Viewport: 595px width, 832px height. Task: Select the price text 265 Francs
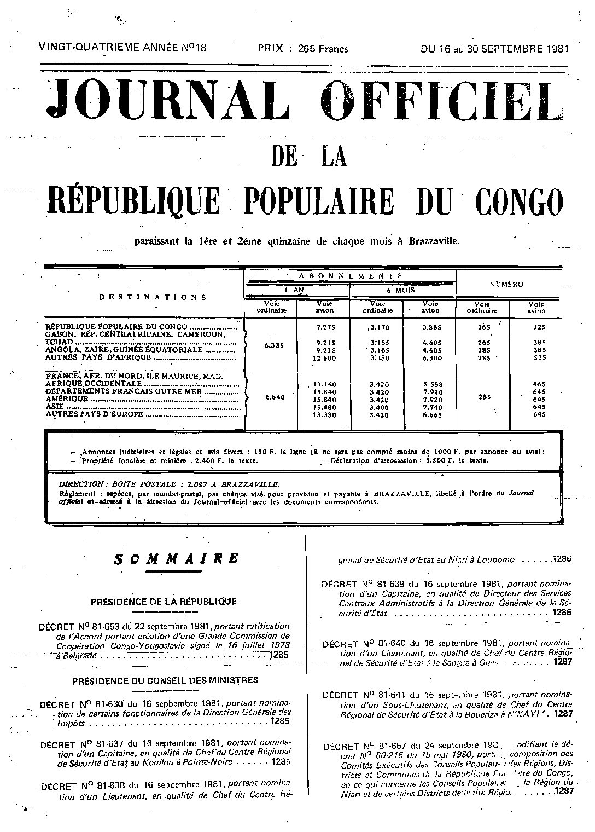click(x=323, y=48)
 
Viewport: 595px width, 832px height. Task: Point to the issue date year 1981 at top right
click(x=557, y=48)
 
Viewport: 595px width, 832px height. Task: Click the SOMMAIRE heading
click(x=176, y=559)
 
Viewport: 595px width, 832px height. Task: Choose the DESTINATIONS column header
click(x=153, y=297)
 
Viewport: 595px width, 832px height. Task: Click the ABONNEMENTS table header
click(x=351, y=276)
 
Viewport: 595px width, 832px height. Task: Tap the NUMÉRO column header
click(x=506, y=284)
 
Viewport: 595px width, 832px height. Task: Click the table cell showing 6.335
click(x=272, y=345)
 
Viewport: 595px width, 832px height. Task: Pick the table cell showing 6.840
click(x=272, y=397)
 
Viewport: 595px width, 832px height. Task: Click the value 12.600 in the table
click(x=325, y=359)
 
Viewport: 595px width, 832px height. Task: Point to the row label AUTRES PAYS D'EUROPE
click(x=94, y=414)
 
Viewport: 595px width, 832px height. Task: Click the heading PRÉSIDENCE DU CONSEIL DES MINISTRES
click(x=165, y=680)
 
